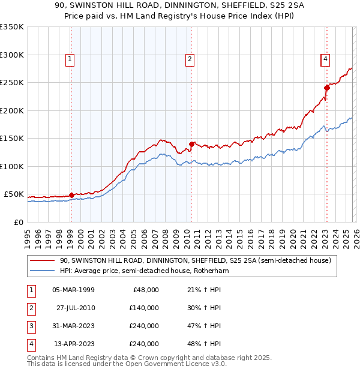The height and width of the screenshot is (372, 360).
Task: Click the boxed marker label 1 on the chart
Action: coord(70,59)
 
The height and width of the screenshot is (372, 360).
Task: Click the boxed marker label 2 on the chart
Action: coord(190,59)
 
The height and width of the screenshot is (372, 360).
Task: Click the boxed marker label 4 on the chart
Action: coord(325,59)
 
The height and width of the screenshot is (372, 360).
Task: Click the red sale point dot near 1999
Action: coord(71,195)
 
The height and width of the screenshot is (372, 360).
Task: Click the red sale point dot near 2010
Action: coord(192,144)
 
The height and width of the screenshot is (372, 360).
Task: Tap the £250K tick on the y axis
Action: coord(11,83)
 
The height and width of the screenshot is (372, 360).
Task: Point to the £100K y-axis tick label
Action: coord(11,166)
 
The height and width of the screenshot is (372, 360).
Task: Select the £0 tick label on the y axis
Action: coord(18,222)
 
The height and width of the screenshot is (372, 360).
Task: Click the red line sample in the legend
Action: coord(43,261)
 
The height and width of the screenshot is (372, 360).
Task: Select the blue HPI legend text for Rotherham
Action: coord(144,271)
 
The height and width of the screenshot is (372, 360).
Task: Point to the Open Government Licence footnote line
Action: coord(127,364)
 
